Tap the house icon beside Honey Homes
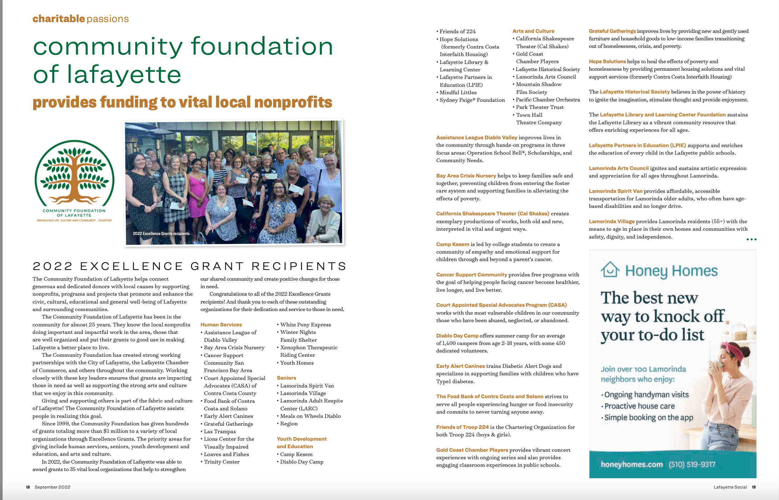point(610,270)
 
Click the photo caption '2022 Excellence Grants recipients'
point(161,234)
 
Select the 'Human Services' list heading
point(221,325)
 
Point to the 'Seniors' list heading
point(286,378)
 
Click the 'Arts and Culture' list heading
point(533,31)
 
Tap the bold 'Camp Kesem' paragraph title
point(452,244)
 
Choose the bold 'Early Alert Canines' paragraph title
point(460,366)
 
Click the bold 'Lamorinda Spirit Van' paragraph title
point(615,191)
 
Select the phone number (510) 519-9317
point(692,464)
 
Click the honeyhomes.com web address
point(632,464)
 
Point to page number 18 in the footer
point(28,487)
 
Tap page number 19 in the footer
point(754,487)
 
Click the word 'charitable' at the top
point(59,19)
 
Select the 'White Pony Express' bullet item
point(305,325)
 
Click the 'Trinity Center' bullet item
point(222,462)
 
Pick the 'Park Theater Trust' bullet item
point(539,107)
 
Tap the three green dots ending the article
point(751,239)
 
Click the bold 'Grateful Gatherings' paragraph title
point(612,31)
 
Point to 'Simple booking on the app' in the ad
point(648,417)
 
